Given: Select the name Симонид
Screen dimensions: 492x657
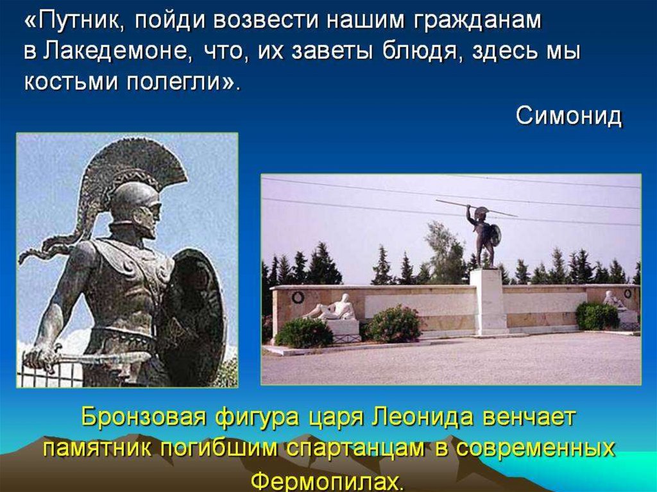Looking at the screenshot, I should coord(568,116).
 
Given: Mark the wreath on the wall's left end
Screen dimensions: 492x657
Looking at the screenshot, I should coord(298,297).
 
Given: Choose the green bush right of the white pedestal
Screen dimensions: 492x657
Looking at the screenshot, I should coord(597,316).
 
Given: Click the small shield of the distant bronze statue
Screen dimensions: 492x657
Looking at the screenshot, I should coord(495,235).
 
